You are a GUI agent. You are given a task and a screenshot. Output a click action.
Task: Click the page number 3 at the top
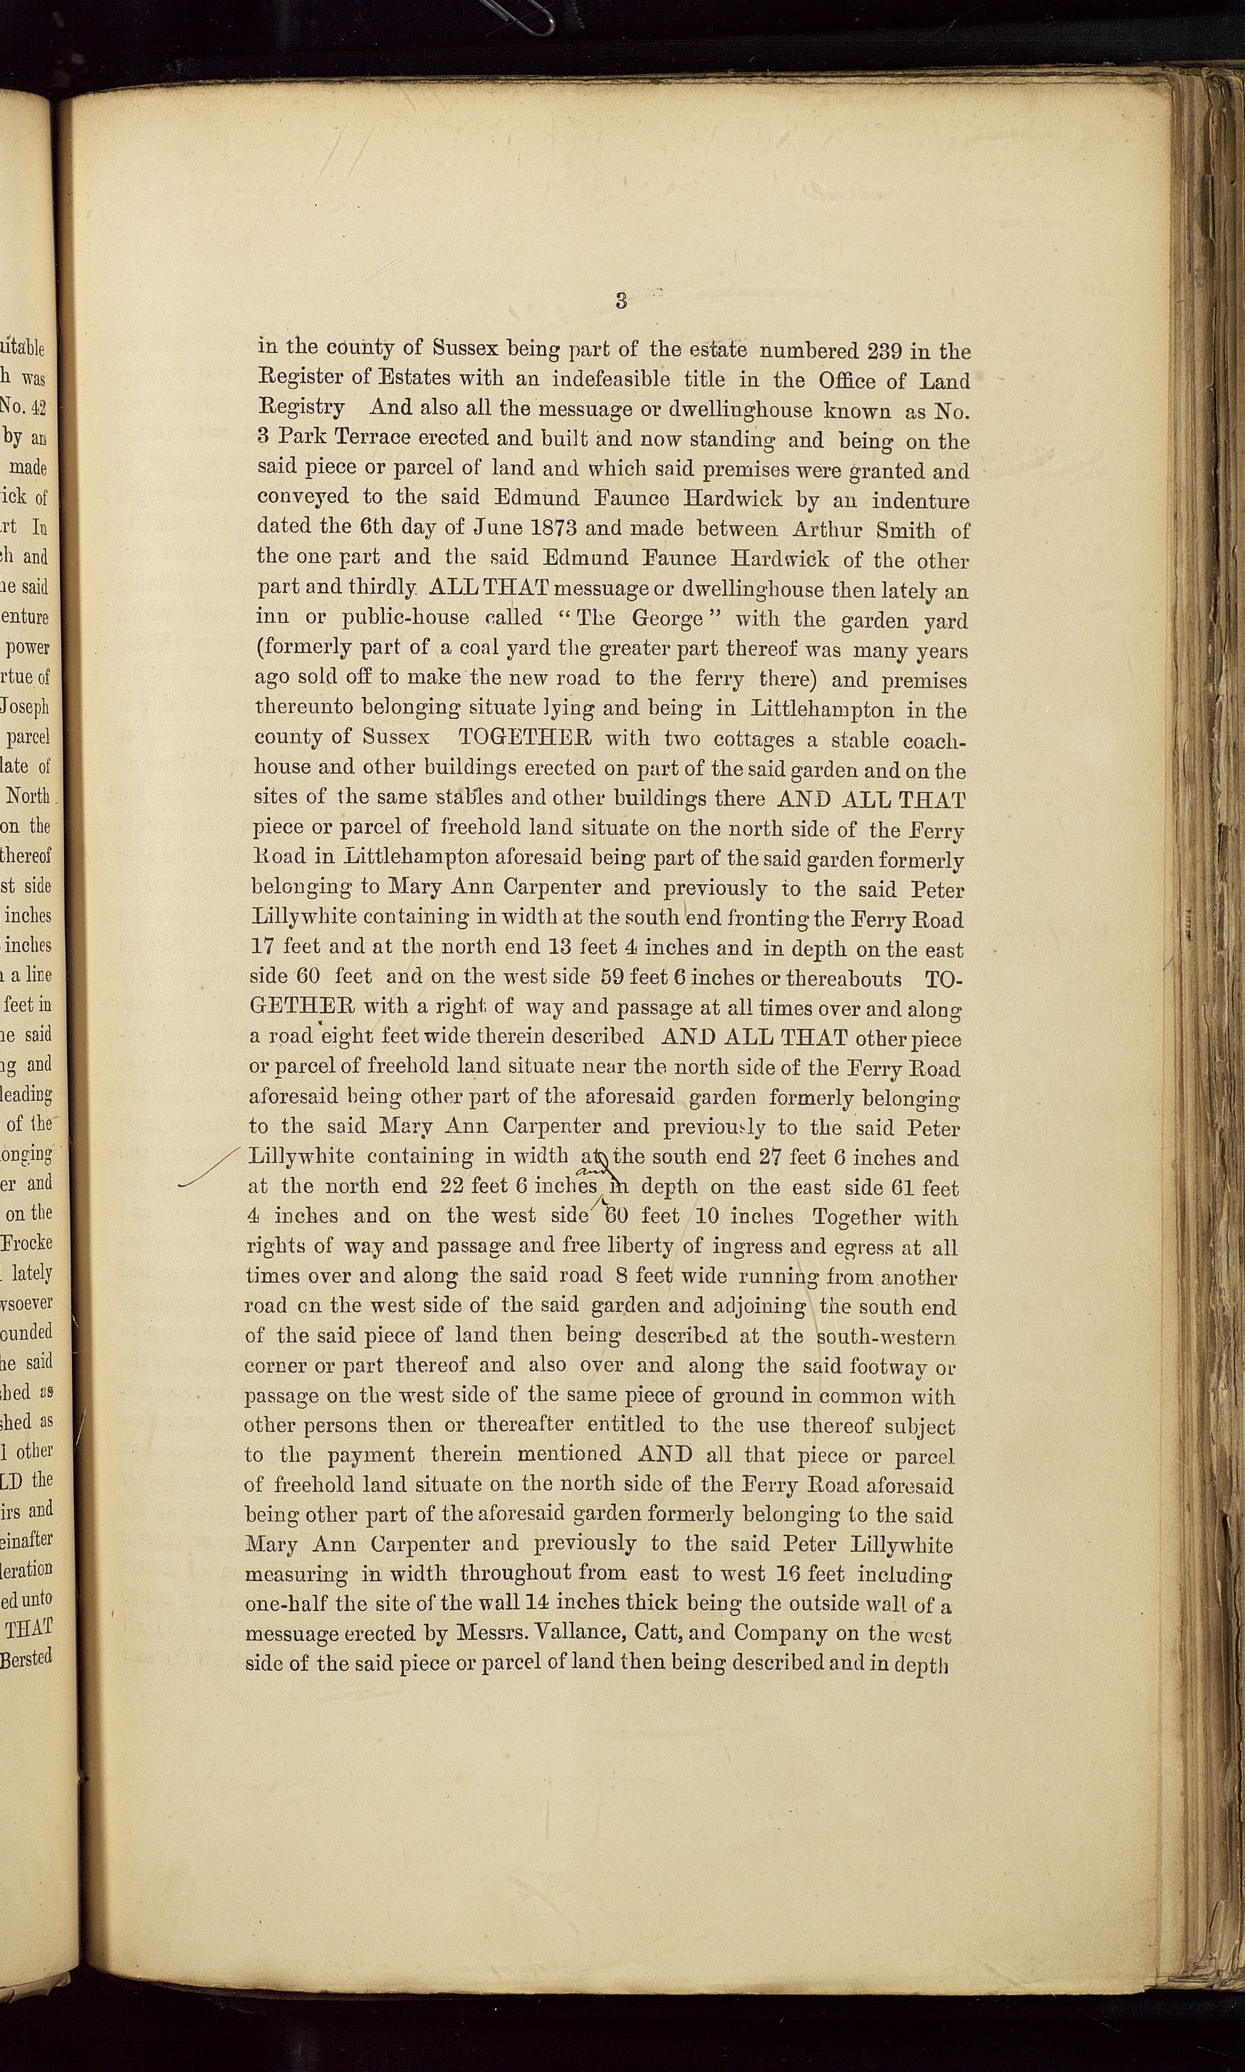(x=621, y=301)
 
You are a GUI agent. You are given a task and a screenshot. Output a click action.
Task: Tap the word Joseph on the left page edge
(x=27, y=707)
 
